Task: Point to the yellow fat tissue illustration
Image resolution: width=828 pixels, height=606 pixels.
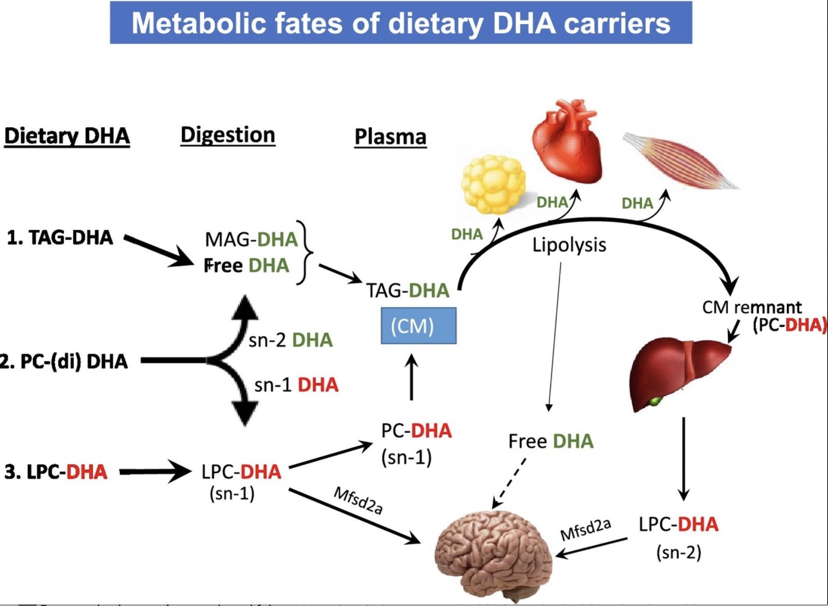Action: pyautogui.click(x=493, y=184)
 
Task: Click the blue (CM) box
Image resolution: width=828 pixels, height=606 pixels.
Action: pyautogui.click(x=418, y=326)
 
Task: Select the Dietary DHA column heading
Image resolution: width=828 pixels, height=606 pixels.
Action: pyautogui.click(x=67, y=136)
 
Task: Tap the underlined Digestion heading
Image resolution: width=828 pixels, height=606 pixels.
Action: pyautogui.click(x=228, y=135)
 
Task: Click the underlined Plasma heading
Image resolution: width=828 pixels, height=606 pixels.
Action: pyautogui.click(x=390, y=137)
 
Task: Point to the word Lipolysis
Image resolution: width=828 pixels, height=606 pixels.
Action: pyautogui.click(x=569, y=245)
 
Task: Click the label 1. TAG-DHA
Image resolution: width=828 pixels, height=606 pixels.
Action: pyautogui.click(x=60, y=237)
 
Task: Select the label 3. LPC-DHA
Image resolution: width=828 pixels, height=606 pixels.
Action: pyautogui.click(x=56, y=472)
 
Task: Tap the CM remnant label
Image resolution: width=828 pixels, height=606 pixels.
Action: pyautogui.click(x=751, y=307)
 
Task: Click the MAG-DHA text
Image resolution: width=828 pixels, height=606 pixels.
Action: pyautogui.click(x=251, y=239)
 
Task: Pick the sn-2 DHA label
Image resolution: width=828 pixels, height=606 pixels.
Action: pyautogui.click(x=290, y=340)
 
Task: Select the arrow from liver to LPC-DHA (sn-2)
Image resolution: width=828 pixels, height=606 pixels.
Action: pyautogui.click(x=683, y=459)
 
